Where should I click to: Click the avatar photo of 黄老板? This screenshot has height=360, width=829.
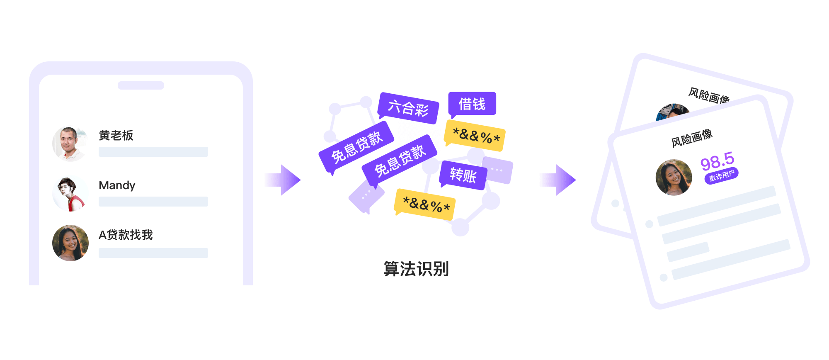click(x=70, y=144)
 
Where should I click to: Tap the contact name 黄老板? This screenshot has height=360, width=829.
click(x=116, y=136)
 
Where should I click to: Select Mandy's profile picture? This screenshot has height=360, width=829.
click(x=70, y=194)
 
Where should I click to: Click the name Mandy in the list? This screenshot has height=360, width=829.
click(x=117, y=185)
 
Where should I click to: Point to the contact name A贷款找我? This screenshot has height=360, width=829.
click(x=126, y=235)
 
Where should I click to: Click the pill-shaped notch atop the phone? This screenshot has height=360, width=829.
click(x=141, y=85)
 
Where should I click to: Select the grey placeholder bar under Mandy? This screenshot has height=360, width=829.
click(x=153, y=202)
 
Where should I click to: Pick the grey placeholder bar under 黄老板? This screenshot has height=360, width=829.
click(x=153, y=152)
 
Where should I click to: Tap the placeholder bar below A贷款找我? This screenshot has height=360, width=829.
click(x=153, y=253)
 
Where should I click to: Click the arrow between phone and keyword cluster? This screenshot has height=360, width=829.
click(x=282, y=180)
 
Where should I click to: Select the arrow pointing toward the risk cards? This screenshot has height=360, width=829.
click(x=558, y=180)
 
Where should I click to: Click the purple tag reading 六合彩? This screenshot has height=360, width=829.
click(x=408, y=108)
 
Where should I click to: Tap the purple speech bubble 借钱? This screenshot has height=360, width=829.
click(x=472, y=104)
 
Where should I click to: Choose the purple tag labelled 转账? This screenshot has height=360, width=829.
click(x=463, y=175)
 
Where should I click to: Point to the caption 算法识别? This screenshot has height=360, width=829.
click(x=416, y=269)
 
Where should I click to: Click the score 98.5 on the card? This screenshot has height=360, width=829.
click(x=717, y=161)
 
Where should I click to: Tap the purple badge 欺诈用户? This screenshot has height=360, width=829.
click(x=721, y=176)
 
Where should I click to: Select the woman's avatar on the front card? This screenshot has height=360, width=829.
click(x=674, y=178)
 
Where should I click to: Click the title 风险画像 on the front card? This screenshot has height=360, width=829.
click(x=692, y=138)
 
